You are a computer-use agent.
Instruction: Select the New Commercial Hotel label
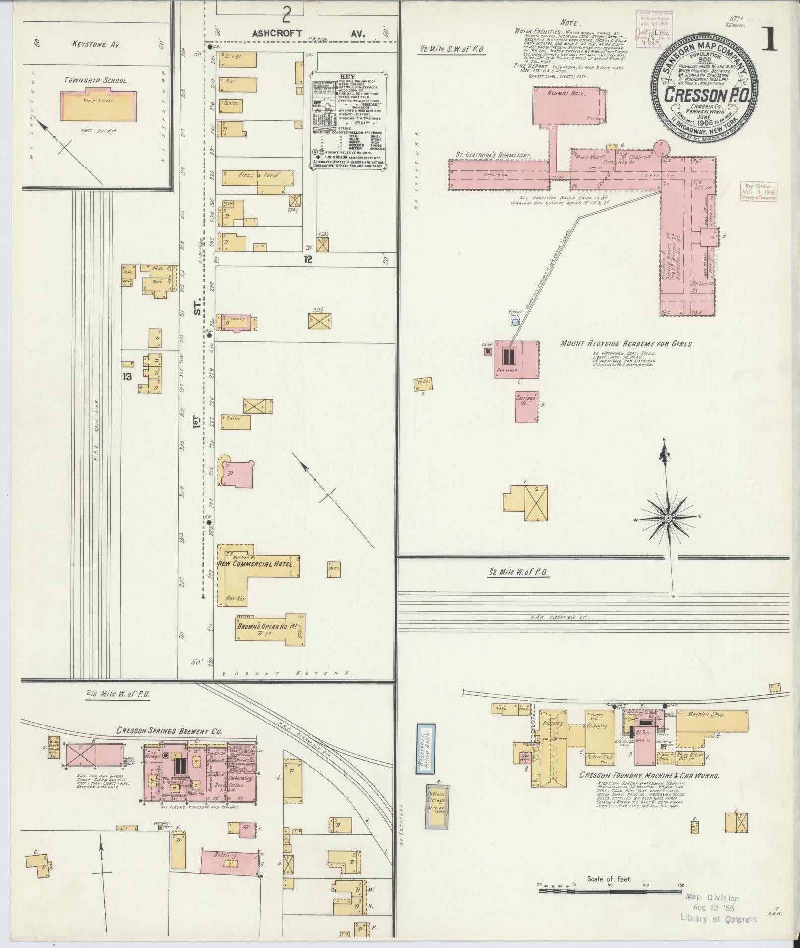point(256,564)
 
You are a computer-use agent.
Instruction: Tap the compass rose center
point(668,518)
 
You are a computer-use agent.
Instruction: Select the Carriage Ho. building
point(526,407)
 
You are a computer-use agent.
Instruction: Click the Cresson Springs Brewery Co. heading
point(169,731)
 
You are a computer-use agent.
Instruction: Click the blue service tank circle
point(515,322)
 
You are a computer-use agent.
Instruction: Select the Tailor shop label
point(233,419)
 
